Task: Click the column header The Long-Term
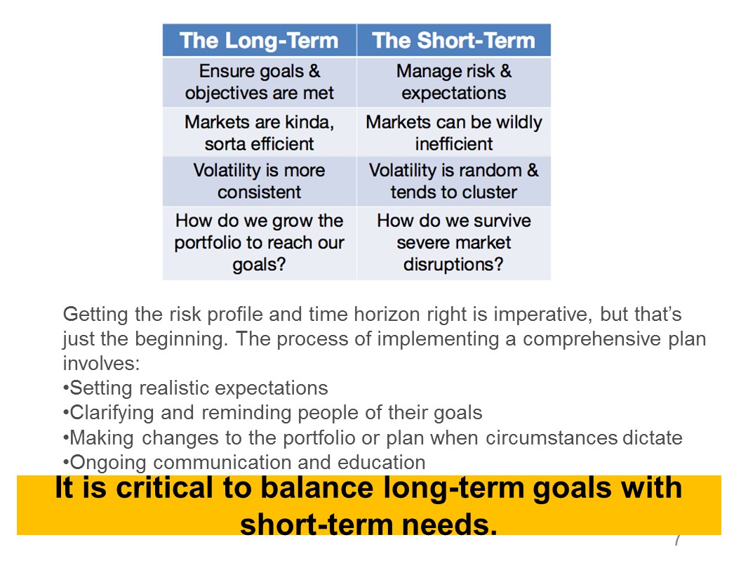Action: coord(259,40)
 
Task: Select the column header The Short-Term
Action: coord(454,40)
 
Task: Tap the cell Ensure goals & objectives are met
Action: coord(259,81)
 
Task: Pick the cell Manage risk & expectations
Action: coord(454,81)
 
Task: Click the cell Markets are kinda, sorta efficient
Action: coord(259,133)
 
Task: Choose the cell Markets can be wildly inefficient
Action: coord(454,133)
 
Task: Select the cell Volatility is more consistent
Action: coord(259,181)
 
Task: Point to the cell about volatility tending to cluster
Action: coord(454,181)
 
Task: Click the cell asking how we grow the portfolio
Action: coord(259,243)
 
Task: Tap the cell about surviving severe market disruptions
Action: coord(454,243)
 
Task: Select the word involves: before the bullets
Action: coord(101,364)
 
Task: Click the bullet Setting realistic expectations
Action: coord(195,388)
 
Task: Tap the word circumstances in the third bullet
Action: coord(552,437)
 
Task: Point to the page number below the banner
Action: coord(678,540)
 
